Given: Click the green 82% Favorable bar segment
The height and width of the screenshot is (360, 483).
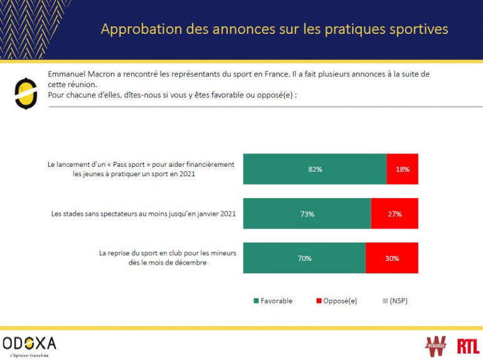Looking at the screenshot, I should [x=315, y=169].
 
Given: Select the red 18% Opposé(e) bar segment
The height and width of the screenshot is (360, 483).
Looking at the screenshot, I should [x=402, y=169].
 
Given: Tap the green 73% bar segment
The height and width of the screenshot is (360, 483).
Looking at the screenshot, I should [x=307, y=213].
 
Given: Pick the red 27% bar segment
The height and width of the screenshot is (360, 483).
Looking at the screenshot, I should [x=394, y=213].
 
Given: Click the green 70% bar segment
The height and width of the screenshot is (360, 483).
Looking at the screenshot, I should [x=304, y=258].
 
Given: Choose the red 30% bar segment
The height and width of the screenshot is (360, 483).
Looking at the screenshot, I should [x=391, y=258].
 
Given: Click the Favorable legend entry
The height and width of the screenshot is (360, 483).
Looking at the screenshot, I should [x=273, y=301].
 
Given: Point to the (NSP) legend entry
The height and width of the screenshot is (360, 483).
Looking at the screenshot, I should [x=395, y=301].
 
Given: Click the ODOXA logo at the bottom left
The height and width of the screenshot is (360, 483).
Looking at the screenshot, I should [x=29, y=343].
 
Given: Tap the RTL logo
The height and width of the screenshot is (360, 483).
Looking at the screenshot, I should [x=467, y=346].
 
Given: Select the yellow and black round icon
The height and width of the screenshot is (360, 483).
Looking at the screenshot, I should [x=23, y=92].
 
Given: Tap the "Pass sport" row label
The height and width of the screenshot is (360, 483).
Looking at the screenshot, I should [x=141, y=169].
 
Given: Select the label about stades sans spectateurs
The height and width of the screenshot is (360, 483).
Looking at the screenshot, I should [x=143, y=213].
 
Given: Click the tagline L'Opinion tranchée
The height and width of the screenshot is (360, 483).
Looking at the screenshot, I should [x=26, y=355].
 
